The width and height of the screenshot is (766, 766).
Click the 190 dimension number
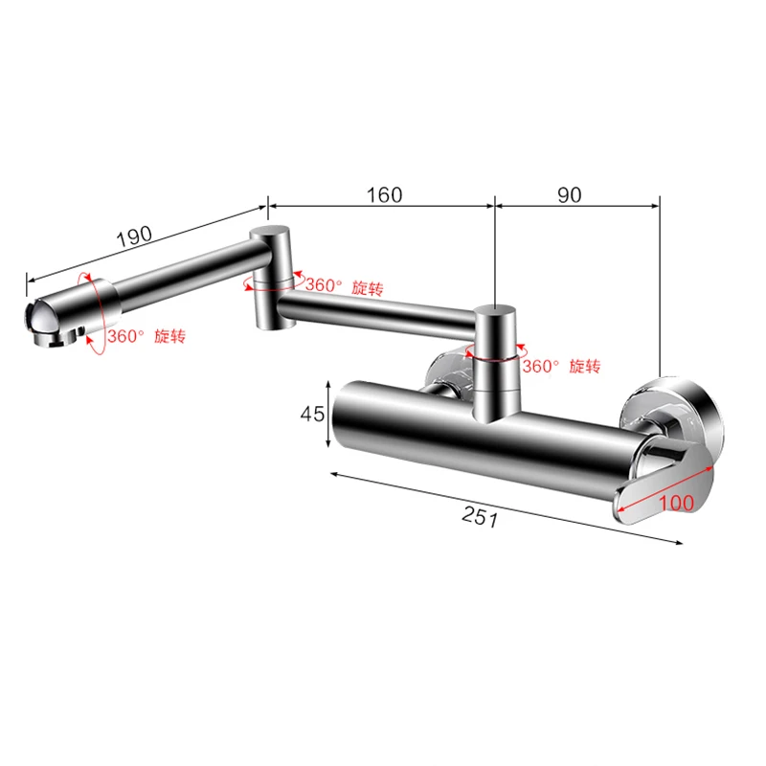(x=134, y=236)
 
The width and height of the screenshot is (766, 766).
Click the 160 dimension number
(x=385, y=195)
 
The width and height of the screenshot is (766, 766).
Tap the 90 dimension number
(x=570, y=195)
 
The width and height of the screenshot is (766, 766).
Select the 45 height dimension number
(x=312, y=415)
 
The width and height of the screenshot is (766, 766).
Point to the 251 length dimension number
(x=481, y=516)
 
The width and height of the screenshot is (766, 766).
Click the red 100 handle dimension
(x=676, y=503)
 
